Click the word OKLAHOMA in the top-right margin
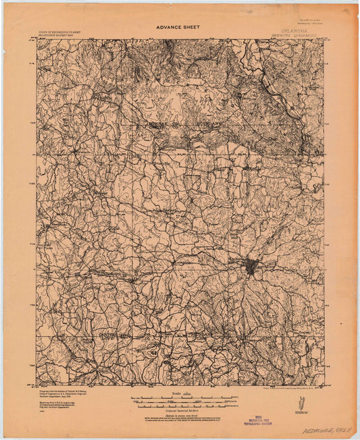[x=294, y=30]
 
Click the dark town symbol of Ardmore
[x=251, y=267]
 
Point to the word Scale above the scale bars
[x=177, y=392]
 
